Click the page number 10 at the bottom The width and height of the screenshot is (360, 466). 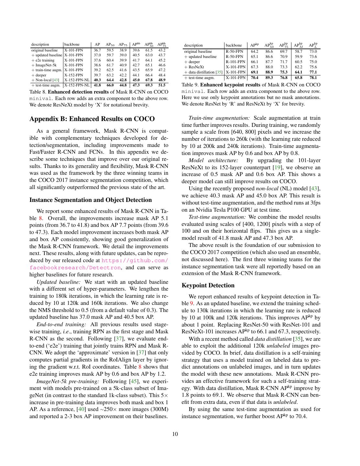click(x=175, y=434)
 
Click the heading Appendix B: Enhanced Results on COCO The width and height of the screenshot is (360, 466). click(x=92, y=119)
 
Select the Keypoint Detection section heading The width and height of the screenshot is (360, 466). click(x=208, y=285)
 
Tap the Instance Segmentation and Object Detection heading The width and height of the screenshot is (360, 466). click(x=91, y=200)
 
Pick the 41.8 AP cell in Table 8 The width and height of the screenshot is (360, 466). click(x=97, y=85)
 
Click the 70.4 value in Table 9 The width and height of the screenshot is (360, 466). click(x=255, y=78)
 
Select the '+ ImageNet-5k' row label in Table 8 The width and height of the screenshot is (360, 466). click(x=44, y=65)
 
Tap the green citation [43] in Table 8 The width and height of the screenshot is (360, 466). click(x=56, y=80)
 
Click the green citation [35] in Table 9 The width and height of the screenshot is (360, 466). click(x=219, y=72)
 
